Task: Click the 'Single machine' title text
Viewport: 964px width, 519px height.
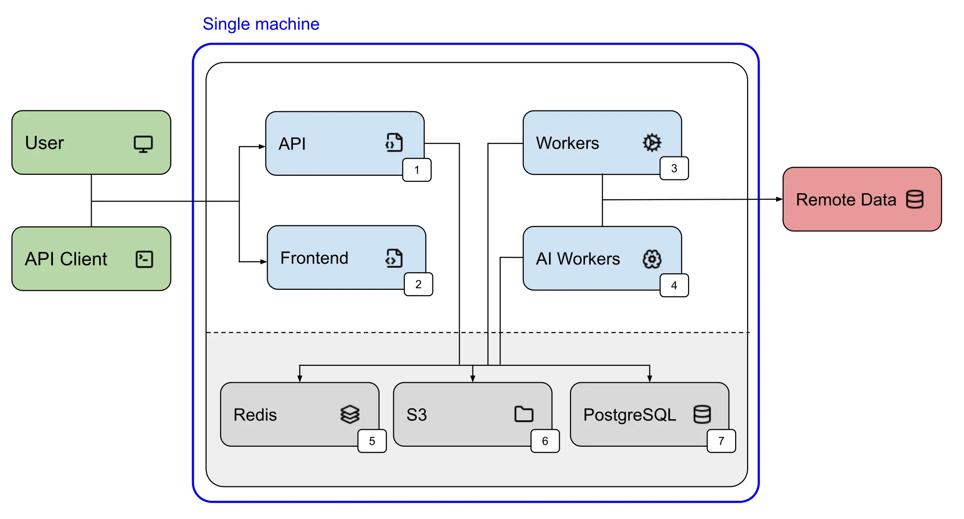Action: coord(261,24)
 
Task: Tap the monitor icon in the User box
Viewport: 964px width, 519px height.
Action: coord(143,144)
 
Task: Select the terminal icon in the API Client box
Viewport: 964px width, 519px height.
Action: coord(144,259)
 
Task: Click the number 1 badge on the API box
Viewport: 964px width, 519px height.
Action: coord(417,170)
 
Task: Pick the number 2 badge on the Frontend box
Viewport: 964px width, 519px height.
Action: coord(418,284)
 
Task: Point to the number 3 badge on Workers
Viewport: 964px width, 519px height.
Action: coord(674,168)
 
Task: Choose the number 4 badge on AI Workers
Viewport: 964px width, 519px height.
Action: coord(674,285)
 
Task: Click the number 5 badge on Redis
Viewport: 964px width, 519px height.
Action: coord(372,441)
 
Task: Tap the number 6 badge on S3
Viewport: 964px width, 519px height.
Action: coord(545,441)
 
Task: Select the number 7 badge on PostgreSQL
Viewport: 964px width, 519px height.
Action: coord(721,441)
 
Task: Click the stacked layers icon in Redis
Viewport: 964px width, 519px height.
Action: coord(350,414)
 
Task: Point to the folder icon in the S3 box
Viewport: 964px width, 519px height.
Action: coord(524,414)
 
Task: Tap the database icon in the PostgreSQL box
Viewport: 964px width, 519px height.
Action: coord(702,414)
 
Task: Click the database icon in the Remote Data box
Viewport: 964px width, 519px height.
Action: coord(915,199)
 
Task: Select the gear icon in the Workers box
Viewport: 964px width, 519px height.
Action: coord(652,143)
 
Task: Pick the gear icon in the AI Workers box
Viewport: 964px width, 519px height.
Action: coord(652,259)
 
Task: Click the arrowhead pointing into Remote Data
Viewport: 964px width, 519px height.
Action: coord(779,199)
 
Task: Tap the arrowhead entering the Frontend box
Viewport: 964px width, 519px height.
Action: coord(263,262)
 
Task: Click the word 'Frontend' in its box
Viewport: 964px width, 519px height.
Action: coord(314,258)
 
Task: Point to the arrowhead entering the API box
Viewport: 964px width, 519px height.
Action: coord(262,147)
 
